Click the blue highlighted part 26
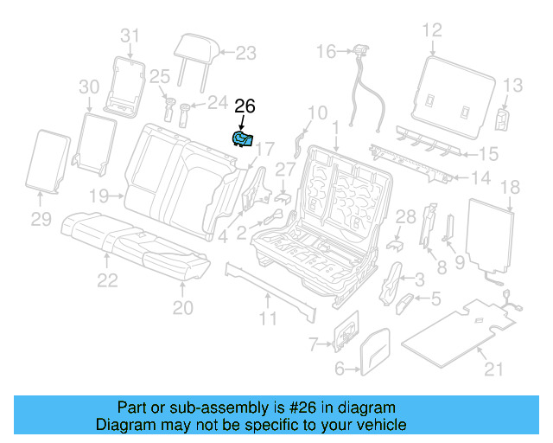click(x=242, y=138)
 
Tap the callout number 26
click(x=245, y=107)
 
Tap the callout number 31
click(x=130, y=35)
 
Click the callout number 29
click(x=42, y=220)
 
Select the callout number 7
click(x=315, y=345)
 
